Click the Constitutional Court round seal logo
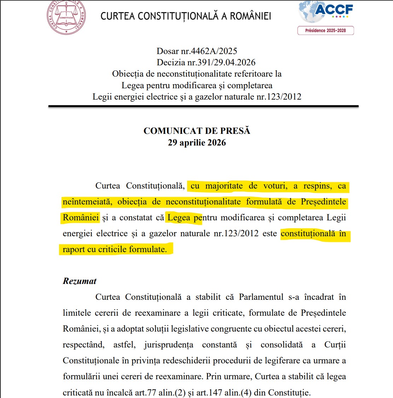pos(66,17)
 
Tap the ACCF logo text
pos(334,10)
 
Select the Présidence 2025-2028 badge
pos(325,31)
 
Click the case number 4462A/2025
pos(214,51)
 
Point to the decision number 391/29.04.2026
pos(226,63)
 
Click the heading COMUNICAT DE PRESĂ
pos(197,131)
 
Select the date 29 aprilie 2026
pos(197,143)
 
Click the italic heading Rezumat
pos(80,281)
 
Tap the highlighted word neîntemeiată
pos(87,202)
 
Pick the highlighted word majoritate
pos(224,186)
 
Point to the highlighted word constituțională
pos(308,233)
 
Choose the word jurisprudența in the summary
pos(169,345)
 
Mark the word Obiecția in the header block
pos(128,74)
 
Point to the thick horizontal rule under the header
pos(203,106)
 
